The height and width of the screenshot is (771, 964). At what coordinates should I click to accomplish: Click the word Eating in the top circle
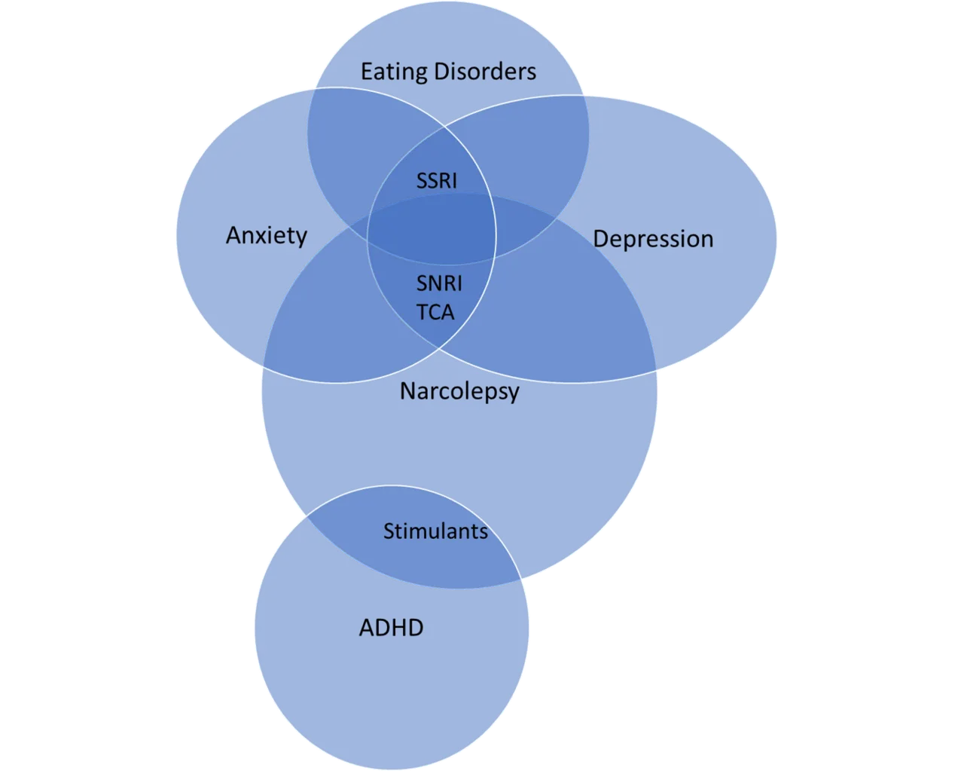click(394, 72)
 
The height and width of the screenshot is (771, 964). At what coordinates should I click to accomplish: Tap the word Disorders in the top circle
click(485, 71)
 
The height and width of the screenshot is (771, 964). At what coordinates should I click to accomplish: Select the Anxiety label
click(267, 236)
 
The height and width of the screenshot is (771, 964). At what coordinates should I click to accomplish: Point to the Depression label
click(653, 238)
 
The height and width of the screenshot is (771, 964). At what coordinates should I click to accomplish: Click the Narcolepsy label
click(459, 391)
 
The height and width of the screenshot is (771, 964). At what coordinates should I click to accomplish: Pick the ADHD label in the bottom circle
click(391, 628)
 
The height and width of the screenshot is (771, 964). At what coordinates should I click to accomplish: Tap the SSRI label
click(437, 181)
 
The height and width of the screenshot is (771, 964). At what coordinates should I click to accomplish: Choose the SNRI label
click(439, 283)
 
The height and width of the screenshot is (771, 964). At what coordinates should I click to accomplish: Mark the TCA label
click(435, 312)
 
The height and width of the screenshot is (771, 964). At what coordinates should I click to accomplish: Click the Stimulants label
click(435, 531)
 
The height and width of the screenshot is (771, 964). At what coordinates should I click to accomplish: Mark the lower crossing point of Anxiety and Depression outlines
click(438, 349)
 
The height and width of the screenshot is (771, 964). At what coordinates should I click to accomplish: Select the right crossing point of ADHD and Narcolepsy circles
click(521, 579)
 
